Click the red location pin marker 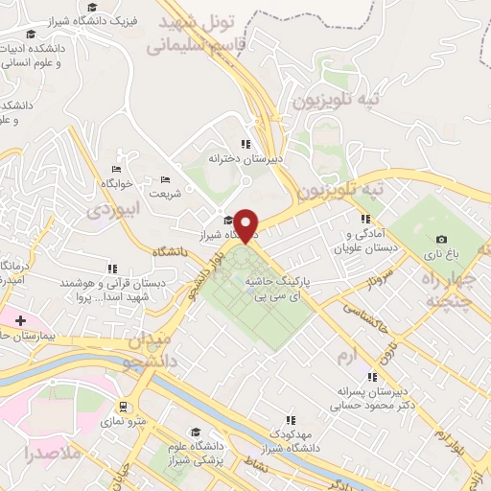[246, 224]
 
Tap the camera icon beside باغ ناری [441, 239]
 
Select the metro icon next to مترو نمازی [123, 407]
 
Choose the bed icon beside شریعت [165, 179]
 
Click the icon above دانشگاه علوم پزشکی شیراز [196, 432]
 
